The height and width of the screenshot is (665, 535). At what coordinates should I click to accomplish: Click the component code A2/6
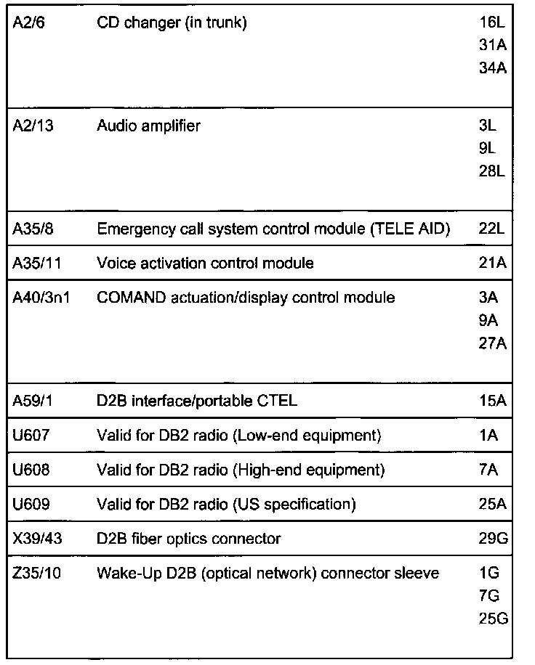(x=29, y=23)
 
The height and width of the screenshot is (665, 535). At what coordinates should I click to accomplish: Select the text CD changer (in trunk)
(x=172, y=23)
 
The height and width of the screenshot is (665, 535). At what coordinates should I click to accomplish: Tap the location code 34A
(x=492, y=68)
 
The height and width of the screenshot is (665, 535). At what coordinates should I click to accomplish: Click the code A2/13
(x=33, y=126)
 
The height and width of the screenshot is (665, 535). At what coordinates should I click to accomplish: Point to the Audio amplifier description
(x=148, y=126)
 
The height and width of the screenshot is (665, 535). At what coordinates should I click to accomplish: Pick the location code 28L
(x=491, y=171)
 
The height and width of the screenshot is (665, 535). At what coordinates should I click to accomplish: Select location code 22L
(x=491, y=230)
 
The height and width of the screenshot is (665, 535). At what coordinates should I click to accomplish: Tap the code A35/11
(x=36, y=264)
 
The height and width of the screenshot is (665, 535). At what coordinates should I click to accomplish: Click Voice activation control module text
(x=205, y=264)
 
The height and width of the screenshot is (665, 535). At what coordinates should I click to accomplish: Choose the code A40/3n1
(x=41, y=298)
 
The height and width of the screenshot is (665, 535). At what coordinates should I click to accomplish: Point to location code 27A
(x=492, y=343)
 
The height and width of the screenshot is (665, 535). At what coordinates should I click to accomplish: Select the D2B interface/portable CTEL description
(x=196, y=401)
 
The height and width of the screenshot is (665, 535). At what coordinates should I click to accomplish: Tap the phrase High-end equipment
(x=308, y=470)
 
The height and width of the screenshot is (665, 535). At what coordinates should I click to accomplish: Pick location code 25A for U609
(x=492, y=505)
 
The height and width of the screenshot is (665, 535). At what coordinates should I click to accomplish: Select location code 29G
(x=492, y=539)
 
